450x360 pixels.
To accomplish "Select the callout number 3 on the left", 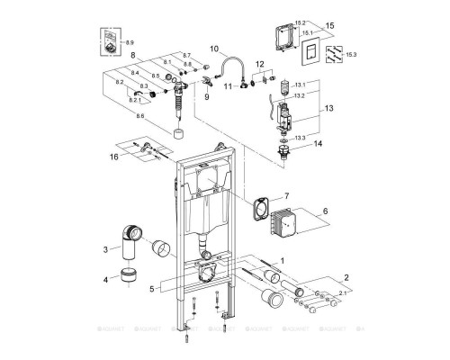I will point(104,248).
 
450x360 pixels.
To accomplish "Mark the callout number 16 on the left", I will point(113,156).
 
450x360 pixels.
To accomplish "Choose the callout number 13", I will point(328,106).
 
